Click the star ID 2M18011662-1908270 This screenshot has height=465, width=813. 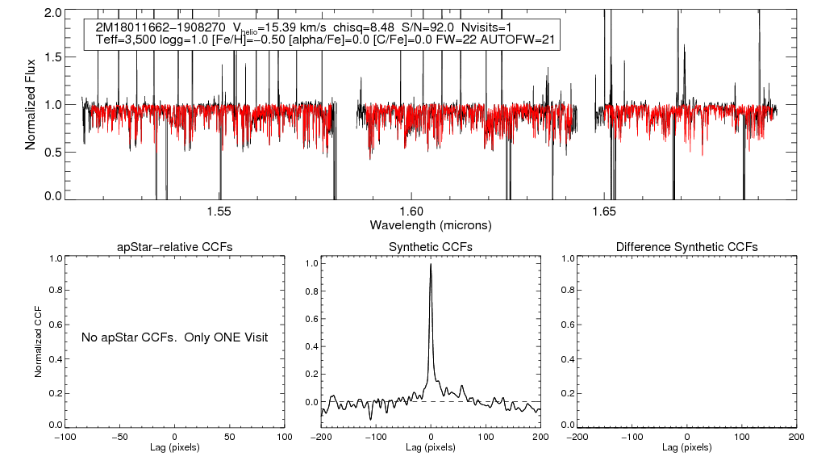pos(155,27)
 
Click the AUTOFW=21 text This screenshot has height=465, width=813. pos(518,40)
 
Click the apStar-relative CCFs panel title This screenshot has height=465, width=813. pos(175,246)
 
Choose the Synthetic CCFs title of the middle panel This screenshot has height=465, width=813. pos(431,246)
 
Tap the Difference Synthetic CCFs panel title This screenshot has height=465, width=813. pos(686,246)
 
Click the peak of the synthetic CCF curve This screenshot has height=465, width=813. pos(431,264)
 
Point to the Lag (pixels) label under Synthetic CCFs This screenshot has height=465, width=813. pos(431,447)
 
